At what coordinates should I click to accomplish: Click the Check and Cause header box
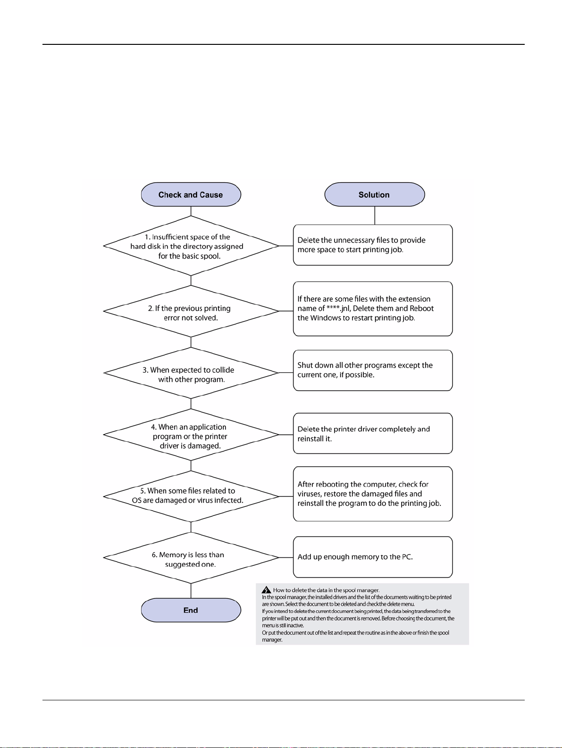(191, 194)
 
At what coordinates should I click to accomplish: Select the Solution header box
(375, 194)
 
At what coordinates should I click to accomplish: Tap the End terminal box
(191, 610)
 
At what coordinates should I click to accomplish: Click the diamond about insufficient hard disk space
(191, 246)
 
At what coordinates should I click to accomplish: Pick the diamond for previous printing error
(191, 311)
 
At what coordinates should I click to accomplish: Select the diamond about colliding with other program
(191, 373)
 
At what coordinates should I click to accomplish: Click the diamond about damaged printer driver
(191, 435)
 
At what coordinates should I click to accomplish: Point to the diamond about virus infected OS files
(191, 496)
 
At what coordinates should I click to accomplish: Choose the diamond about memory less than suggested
(191, 557)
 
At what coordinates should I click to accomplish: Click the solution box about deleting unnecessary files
(373, 245)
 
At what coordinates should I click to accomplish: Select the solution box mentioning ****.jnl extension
(373, 309)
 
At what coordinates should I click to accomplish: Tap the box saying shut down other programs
(373, 370)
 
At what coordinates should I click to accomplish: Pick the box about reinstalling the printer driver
(373, 434)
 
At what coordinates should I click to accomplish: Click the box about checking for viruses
(373, 494)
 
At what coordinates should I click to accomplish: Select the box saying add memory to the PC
(373, 557)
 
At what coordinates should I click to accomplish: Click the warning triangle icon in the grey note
(266, 590)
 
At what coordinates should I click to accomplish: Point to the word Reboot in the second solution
(422, 308)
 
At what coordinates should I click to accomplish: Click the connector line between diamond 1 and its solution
(286, 246)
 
